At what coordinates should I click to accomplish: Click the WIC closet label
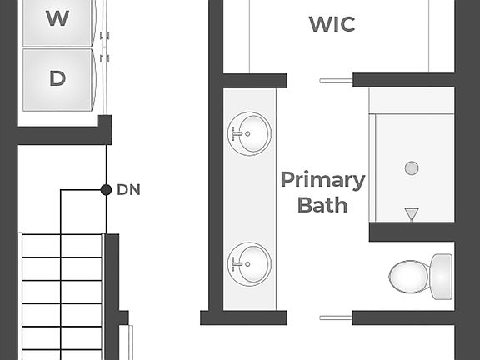[x=332, y=24]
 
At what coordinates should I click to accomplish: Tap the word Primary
[x=322, y=180]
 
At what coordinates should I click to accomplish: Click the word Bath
[x=322, y=204]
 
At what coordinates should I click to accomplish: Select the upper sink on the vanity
[x=250, y=132]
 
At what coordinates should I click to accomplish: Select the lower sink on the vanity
[x=250, y=263]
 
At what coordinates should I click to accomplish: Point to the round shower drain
[x=412, y=168]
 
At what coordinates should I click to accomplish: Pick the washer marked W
[x=57, y=19]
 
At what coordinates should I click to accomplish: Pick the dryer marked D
[x=57, y=79]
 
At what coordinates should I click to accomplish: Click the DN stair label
[x=128, y=190]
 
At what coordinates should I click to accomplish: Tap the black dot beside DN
[x=106, y=190]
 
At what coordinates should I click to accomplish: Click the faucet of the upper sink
[x=238, y=132]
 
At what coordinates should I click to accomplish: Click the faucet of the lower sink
[x=238, y=263]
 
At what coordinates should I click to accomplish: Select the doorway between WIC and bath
[x=320, y=81]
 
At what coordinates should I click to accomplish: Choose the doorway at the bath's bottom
[x=320, y=317]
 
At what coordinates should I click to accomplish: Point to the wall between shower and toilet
[x=412, y=232]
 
